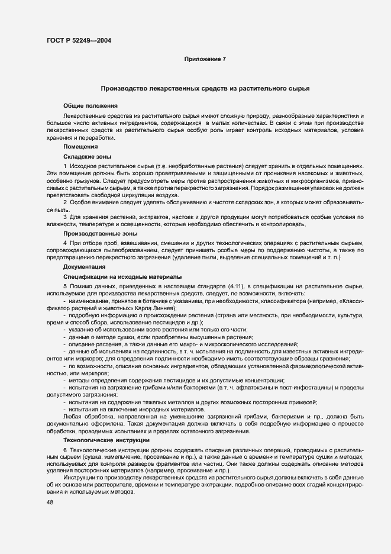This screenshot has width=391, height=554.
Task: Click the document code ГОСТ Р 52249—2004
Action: coord(79,41)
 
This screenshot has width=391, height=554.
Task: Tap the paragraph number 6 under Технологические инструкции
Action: coord(65,451)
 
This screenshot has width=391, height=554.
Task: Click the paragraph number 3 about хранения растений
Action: coord(65,217)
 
